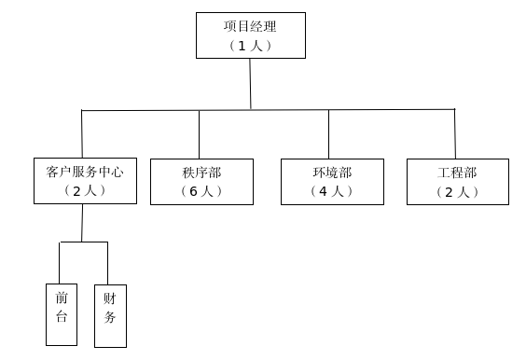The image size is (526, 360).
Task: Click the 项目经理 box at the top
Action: (x=250, y=35)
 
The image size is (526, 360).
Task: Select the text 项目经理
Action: (x=250, y=26)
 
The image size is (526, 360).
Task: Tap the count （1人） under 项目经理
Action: (x=250, y=45)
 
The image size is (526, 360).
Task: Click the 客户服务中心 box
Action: (x=85, y=181)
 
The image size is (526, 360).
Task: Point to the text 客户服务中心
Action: (x=85, y=172)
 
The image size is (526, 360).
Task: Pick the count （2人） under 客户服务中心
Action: (x=85, y=190)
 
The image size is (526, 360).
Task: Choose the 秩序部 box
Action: (x=201, y=181)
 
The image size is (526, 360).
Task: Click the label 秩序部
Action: (x=201, y=173)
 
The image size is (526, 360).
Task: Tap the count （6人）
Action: (x=201, y=191)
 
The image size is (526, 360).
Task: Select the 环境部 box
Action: (x=332, y=181)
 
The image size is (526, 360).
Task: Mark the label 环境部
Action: (x=332, y=173)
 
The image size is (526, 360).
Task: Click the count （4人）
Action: (x=332, y=191)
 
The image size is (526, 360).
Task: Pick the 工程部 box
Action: (x=458, y=181)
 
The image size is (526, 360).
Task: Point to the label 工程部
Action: (x=458, y=173)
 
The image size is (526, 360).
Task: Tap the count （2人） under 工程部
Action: (x=458, y=192)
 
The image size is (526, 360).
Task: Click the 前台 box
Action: (x=62, y=313)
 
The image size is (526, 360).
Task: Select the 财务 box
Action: (x=110, y=315)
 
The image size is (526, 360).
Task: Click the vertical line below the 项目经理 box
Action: (x=250, y=84)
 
